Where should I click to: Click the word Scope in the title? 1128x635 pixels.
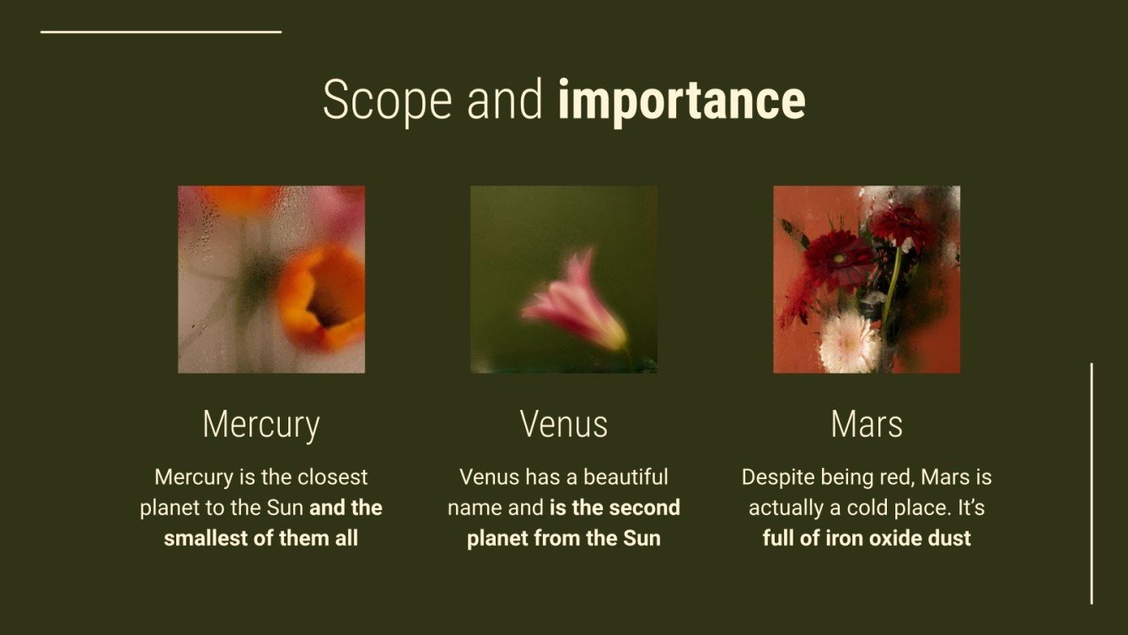[x=387, y=101]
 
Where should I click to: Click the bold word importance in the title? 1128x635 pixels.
[x=681, y=101]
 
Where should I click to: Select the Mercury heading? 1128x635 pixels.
[x=261, y=424]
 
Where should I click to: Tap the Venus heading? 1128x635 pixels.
[x=563, y=424]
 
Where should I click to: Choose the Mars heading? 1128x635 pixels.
[x=866, y=424]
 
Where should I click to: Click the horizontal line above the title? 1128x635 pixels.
[x=160, y=32]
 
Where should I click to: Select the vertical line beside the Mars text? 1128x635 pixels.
[x=1091, y=483]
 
